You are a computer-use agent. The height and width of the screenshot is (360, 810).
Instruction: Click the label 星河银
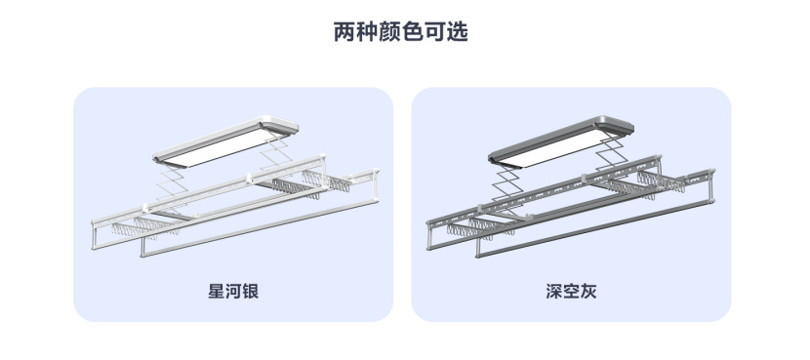[232, 292]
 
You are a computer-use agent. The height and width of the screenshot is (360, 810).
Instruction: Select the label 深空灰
[571, 292]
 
